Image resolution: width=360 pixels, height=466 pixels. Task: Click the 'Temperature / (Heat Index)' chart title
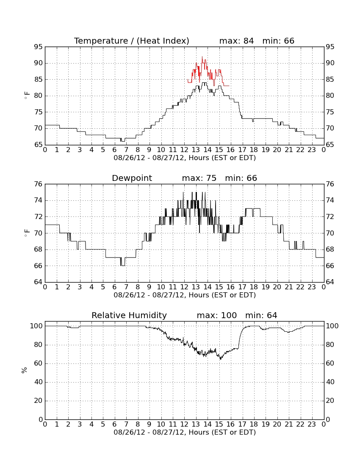tap(132, 41)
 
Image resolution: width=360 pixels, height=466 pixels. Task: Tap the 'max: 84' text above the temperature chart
tap(236, 41)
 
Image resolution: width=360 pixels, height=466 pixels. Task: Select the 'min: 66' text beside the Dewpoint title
tap(241, 178)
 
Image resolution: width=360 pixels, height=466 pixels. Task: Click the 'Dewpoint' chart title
tap(132, 178)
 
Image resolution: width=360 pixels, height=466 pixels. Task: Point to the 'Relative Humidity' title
tap(129, 315)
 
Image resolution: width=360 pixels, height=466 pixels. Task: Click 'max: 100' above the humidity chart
tap(217, 315)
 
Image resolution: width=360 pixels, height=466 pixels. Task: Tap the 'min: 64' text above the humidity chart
tap(261, 315)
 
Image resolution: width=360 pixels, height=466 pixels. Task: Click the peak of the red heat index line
tap(202, 57)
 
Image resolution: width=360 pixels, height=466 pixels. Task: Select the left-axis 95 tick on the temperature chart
tap(38, 47)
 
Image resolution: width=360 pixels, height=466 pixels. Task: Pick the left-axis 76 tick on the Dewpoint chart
tap(38, 184)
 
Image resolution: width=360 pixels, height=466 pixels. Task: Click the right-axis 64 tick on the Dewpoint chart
tap(330, 282)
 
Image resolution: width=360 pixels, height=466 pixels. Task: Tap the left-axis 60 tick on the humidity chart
tap(39, 363)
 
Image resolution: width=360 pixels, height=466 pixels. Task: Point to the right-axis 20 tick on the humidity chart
tap(330, 401)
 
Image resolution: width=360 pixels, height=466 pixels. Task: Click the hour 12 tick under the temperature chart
tap(184, 150)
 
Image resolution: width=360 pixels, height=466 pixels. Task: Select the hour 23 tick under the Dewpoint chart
tap(312, 287)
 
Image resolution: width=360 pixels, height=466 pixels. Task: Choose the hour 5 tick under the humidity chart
tap(103, 424)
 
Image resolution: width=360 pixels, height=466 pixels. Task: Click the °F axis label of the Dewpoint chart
tap(27, 233)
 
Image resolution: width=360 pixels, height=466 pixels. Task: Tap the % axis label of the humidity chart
tap(25, 370)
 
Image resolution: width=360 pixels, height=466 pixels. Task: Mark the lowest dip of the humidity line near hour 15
tap(220, 359)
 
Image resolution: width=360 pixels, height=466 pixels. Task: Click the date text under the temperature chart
tap(185, 158)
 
